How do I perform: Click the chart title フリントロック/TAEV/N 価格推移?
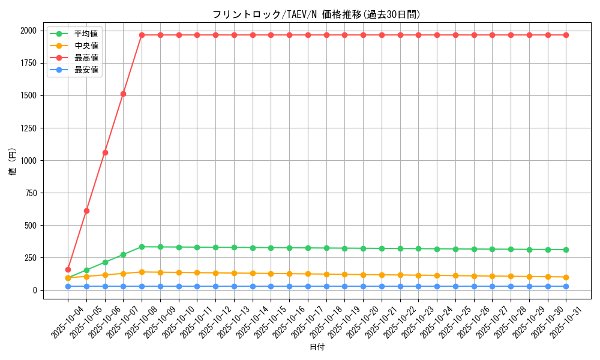coord(316,14)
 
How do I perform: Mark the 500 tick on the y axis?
coord(32,226)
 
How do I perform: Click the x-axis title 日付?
coord(317,347)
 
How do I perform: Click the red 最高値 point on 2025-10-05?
coord(86,211)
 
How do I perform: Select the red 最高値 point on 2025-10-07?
coord(123,94)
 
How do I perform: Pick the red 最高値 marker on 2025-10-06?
coord(105,152)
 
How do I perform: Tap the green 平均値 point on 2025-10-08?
coord(142,247)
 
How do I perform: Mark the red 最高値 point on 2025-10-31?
coord(566,35)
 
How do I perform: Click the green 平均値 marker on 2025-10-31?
coord(566,250)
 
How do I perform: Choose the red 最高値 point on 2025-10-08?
coord(142,35)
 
